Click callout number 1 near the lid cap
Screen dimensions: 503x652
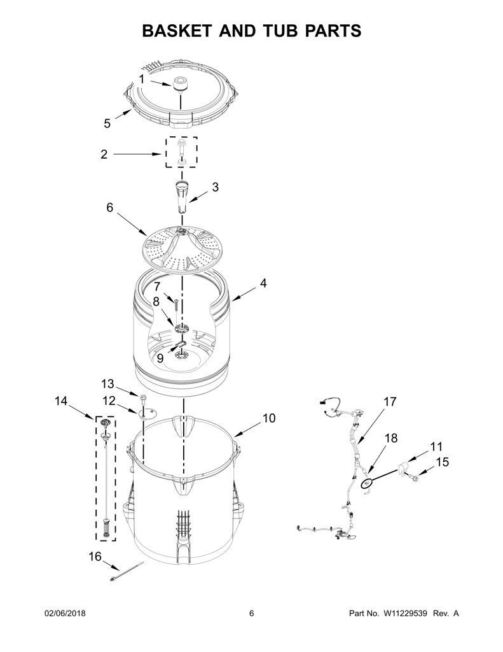(142, 79)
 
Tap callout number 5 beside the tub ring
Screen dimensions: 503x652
(107, 124)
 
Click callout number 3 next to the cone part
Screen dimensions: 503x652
(215, 187)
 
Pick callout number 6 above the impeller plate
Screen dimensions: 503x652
(109, 207)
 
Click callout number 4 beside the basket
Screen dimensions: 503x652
(263, 283)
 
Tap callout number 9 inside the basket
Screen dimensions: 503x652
(160, 358)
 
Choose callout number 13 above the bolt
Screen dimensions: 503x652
(107, 383)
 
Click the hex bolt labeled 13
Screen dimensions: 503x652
(143, 400)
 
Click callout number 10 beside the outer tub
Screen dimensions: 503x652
(269, 418)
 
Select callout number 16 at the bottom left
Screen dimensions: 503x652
(95, 556)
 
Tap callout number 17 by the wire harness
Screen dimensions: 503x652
(390, 402)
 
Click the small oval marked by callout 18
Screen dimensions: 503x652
(366, 484)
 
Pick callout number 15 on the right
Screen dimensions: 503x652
(443, 462)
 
